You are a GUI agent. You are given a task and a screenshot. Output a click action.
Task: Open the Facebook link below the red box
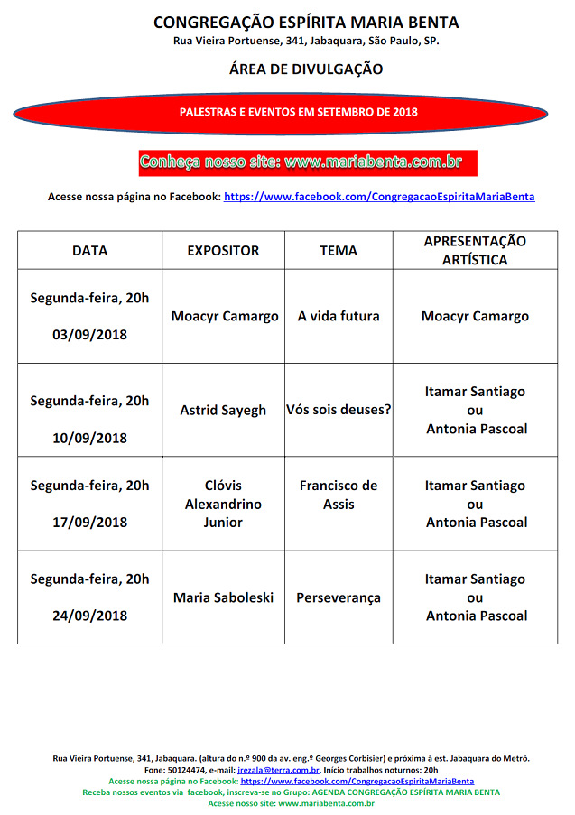pyautogui.click(x=379, y=197)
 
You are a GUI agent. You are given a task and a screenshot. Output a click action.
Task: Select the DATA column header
pyautogui.click(x=89, y=251)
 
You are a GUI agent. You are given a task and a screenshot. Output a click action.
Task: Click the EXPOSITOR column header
pyautogui.click(x=223, y=251)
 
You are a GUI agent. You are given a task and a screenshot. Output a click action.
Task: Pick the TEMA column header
pyautogui.click(x=339, y=251)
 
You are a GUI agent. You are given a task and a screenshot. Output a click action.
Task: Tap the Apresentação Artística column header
pyautogui.click(x=475, y=250)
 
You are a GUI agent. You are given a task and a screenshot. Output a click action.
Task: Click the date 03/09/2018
pyautogui.click(x=89, y=335)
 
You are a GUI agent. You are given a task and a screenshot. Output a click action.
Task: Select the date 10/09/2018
pyautogui.click(x=89, y=439)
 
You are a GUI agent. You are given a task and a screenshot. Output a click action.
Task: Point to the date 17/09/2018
pyautogui.click(x=89, y=523)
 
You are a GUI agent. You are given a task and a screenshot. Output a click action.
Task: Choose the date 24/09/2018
pyautogui.click(x=89, y=616)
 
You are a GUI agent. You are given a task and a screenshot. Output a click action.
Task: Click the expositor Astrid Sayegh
pyautogui.click(x=223, y=410)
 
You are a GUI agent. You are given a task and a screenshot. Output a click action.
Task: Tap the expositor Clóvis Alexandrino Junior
pyautogui.click(x=223, y=504)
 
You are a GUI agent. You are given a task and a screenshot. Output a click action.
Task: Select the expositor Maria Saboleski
pyautogui.click(x=223, y=597)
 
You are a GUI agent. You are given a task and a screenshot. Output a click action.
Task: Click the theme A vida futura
pyautogui.click(x=339, y=316)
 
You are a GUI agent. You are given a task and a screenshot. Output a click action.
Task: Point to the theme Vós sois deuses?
pyautogui.click(x=339, y=410)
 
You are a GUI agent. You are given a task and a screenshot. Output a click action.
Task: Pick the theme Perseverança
pyautogui.click(x=339, y=597)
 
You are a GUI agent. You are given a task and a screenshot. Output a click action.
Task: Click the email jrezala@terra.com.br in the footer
pyautogui.click(x=278, y=770)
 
